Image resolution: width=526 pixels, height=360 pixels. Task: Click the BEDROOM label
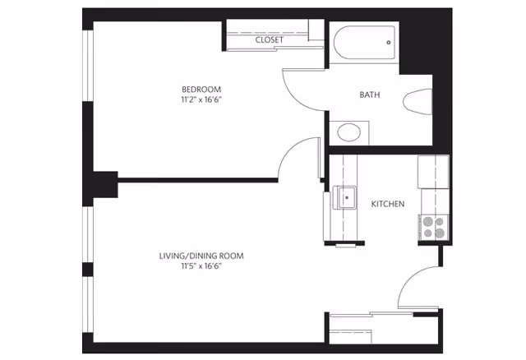(201, 90)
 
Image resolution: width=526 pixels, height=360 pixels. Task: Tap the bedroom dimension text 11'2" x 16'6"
(201, 99)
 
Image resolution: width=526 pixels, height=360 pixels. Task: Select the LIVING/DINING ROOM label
(201, 256)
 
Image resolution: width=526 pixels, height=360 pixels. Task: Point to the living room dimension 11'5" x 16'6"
(201, 266)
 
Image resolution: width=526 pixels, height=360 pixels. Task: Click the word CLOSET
(270, 40)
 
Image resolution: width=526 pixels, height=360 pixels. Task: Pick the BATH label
(370, 95)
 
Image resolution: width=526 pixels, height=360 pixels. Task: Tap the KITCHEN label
(388, 204)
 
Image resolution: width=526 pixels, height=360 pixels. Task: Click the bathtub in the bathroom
(364, 43)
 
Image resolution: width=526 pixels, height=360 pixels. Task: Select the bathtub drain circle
(389, 43)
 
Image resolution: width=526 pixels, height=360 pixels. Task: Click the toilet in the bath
(418, 102)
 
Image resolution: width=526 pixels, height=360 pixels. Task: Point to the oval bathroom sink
(348, 132)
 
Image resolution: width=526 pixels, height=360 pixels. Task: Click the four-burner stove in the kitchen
(433, 227)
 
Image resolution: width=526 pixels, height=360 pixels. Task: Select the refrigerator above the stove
(433, 172)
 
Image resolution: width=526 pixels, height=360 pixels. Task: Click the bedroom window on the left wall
(88, 66)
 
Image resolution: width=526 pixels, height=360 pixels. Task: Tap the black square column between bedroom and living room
(105, 185)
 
